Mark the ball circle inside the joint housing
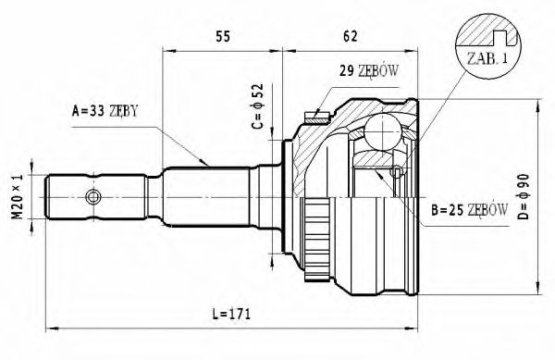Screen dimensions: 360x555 point(380,132)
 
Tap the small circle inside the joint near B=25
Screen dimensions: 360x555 point(397,172)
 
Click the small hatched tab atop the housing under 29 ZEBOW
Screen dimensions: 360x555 point(317,116)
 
